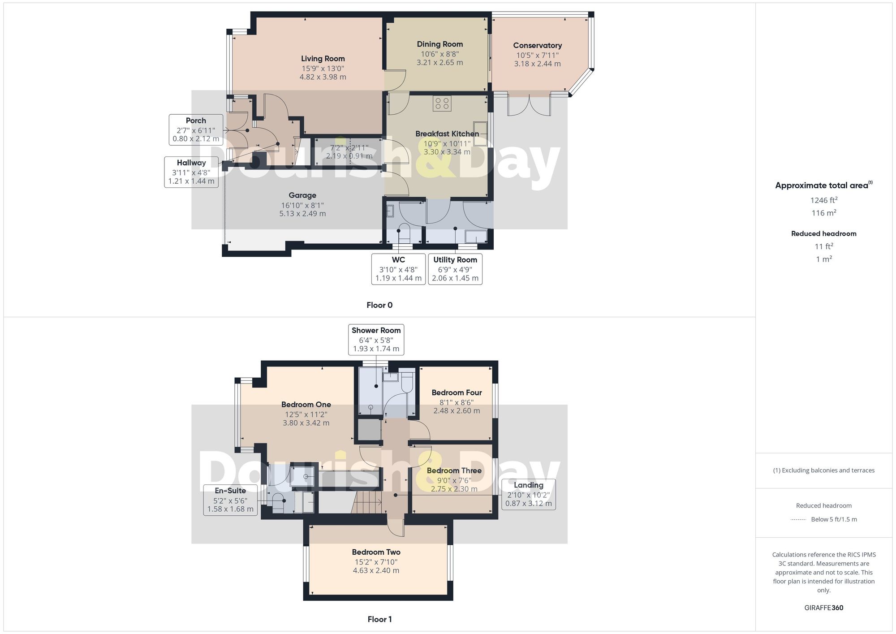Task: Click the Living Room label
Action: (323, 59)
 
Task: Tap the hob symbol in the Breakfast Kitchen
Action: (442, 104)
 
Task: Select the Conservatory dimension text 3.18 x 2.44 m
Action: (537, 64)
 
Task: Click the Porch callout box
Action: (196, 129)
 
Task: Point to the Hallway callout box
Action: (191, 172)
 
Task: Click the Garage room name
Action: (302, 195)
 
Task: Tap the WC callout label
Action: (398, 260)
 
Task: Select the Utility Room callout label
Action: (455, 260)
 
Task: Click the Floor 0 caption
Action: (379, 305)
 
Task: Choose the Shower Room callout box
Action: (376, 339)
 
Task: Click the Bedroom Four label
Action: (457, 392)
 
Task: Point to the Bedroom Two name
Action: (376, 552)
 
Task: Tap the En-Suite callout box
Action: (230, 500)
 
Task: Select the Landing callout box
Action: (528, 494)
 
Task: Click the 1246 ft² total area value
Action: (823, 200)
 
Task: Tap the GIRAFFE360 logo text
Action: (823, 608)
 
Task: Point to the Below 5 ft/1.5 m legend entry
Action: (833, 519)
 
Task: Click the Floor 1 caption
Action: (379, 619)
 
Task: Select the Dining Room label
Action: (439, 44)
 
